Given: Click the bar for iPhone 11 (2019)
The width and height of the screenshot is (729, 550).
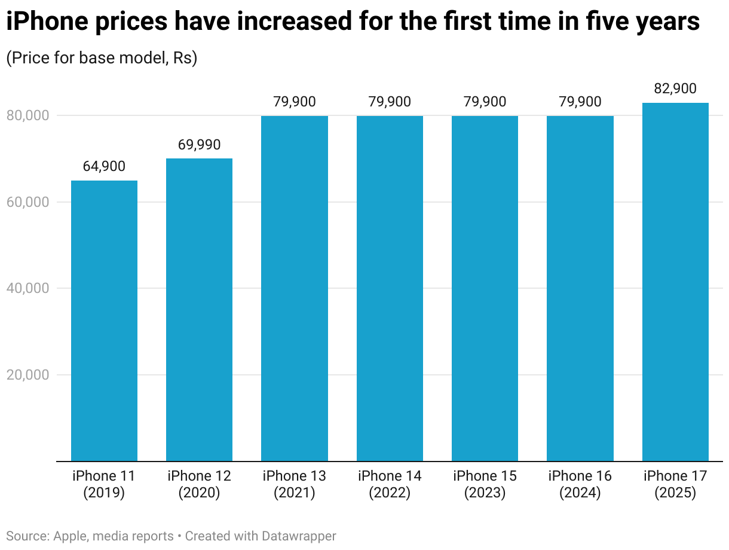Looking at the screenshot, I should click(x=104, y=320).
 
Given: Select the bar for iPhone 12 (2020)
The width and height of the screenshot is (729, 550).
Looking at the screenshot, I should click(x=199, y=310).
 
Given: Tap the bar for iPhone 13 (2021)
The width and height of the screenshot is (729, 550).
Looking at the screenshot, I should click(x=294, y=288).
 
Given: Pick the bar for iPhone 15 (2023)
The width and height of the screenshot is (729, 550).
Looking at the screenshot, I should click(x=485, y=288).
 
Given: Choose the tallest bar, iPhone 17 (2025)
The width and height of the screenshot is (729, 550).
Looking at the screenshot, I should click(x=675, y=282).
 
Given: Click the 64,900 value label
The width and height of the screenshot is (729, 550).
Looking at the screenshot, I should click(x=104, y=166).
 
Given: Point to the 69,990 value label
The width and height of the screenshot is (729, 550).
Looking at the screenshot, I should click(x=199, y=145).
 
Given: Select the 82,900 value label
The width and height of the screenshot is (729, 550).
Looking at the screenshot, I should click(x=675, y=88).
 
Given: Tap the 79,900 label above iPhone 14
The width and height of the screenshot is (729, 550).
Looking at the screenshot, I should click(x=390, y=102).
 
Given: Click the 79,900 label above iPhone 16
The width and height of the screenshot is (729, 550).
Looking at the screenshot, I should click(x=580, y=102).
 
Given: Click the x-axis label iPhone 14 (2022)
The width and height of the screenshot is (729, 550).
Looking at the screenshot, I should click(x=390, y=484).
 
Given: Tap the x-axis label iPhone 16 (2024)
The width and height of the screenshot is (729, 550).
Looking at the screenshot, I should click(x=580, y=484).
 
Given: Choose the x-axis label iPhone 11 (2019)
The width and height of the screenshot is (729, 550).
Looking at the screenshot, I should click(x=104, y=484).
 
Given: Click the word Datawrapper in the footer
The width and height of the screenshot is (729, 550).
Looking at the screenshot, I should click(x=299, y=536).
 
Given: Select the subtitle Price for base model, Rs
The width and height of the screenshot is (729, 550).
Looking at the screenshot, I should click(x=102, y=58).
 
